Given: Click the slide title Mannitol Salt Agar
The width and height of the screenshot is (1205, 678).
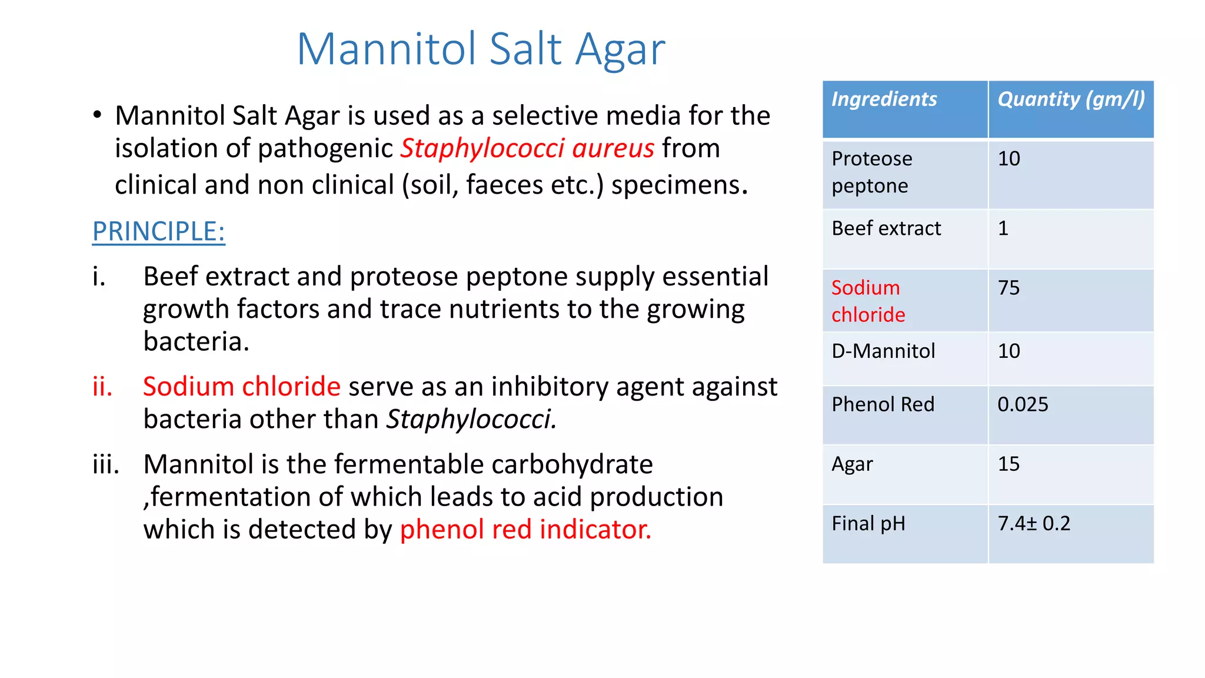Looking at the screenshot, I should (x=481, y=49).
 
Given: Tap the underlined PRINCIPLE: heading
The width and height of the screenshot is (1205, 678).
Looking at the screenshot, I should (x=159, y=231).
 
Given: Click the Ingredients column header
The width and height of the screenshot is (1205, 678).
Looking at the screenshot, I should (x=884, y=99).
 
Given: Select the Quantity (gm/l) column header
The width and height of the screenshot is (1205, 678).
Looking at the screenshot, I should (x=1071, y=99).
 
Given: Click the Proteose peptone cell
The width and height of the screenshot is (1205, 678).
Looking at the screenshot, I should (x=872, y=172).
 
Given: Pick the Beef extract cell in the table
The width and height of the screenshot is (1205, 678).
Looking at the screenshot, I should (x=886, y=228).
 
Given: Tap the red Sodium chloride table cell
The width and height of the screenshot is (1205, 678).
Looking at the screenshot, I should (x=868, y=301).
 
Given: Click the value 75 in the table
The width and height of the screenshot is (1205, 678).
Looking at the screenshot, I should (x=1008, y=288).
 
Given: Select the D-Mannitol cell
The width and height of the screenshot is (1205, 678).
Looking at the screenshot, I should (x=883, y=351).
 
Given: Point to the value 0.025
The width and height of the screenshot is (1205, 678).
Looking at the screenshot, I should (x=1023, y=404).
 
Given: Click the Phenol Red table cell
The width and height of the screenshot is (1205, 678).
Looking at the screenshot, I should (x=883, y=404).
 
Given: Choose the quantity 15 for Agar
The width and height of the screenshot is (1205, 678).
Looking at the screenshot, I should (x=1008, y=464).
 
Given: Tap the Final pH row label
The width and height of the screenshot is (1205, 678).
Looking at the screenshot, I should (x=868, y=523).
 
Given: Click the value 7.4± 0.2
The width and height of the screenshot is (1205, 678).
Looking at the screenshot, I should (x=1034, y=523).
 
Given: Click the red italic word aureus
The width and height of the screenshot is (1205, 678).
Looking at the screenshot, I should (x=613, y=148).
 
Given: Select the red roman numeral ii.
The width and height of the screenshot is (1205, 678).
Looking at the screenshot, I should (x=102, y=387).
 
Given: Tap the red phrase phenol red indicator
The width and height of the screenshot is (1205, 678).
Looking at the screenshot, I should (x=525, y=529).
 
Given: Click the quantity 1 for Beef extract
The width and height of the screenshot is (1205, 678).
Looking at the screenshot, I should (x=1003, y=228).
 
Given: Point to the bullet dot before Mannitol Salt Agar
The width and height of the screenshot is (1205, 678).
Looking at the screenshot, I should (x=98, y=115).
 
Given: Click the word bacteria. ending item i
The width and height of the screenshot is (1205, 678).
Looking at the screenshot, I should (x=196, y=341).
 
